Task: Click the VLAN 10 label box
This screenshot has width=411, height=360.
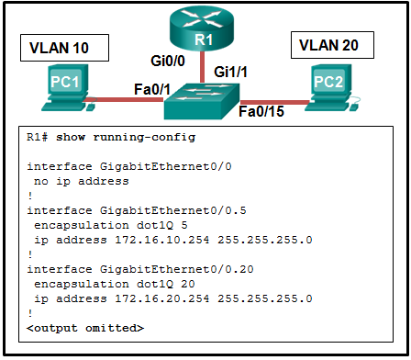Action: [x=61, y=46]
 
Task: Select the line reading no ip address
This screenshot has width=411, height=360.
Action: [x=78, y=182]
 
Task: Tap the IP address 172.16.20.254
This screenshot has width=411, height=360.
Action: [x=137, y=298]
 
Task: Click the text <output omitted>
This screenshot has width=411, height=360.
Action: [x=85, y=328]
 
